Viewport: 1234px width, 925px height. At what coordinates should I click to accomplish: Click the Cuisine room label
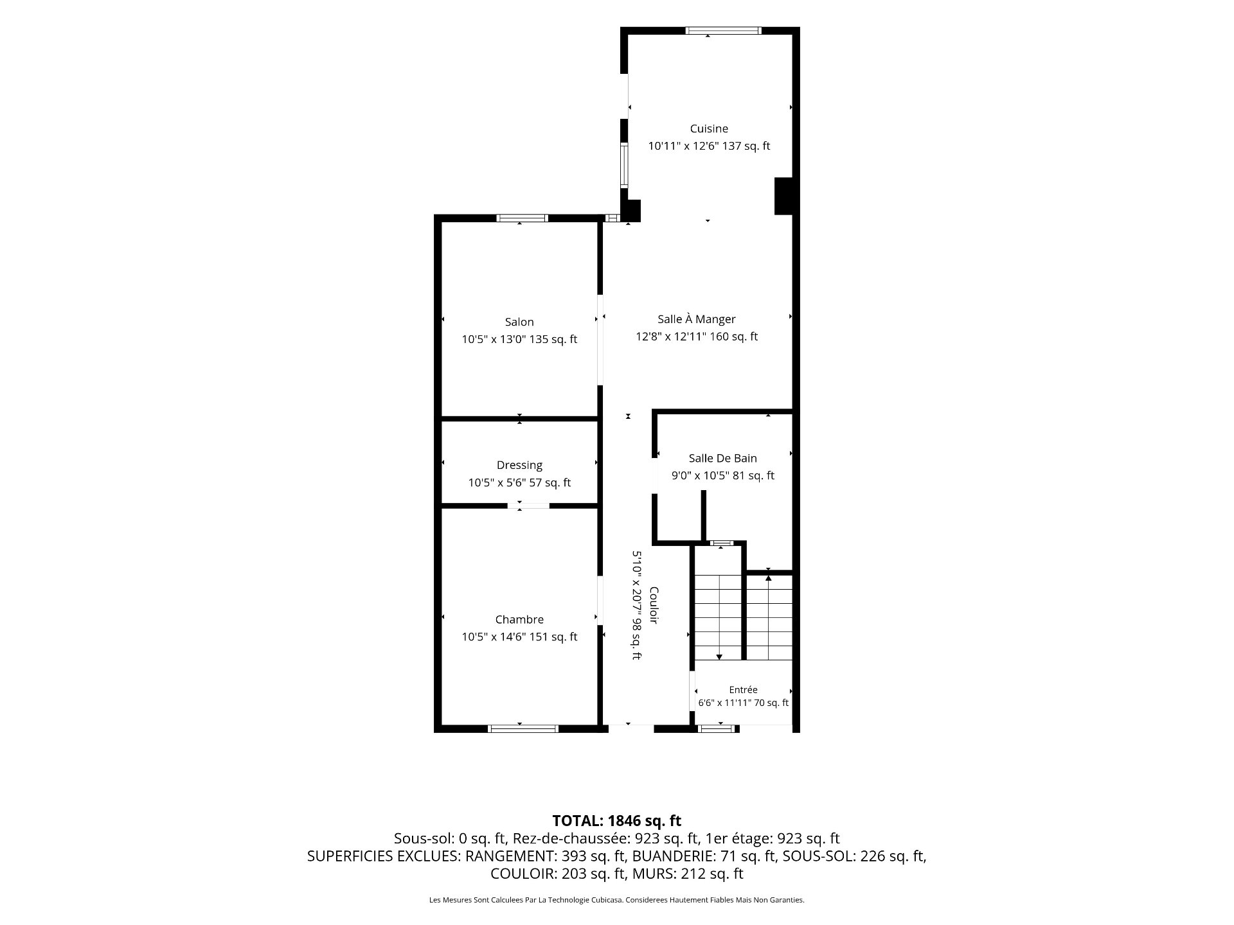pos(709,128)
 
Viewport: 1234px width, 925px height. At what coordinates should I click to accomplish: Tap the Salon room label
pos(519,322)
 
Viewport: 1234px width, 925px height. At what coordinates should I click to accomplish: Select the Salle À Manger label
pos(697,319)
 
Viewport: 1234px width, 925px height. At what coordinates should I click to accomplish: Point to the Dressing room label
pos(519,465)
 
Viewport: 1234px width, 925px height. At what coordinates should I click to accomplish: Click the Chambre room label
pos(519,619)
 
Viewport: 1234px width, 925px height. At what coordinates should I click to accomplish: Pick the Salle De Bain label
pos(723,458)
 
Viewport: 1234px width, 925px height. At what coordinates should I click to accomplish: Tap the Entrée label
pos(743,689)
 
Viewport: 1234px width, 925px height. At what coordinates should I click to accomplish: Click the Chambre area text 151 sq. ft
pos(553,637)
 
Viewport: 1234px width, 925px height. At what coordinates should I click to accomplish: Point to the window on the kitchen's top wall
pos(723,30)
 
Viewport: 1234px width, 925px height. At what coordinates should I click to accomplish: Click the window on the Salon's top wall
pos(522,218)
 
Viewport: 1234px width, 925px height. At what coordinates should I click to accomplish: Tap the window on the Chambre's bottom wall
pos(523,728)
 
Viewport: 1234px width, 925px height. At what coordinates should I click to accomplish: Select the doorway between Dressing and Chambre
pos(528,506)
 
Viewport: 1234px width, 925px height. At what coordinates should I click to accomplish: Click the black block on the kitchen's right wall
pos(784,196)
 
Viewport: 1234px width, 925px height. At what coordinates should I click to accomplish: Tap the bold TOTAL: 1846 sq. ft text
pos(617,820)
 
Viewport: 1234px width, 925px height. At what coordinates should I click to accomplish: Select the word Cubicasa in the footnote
pos(609,900)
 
